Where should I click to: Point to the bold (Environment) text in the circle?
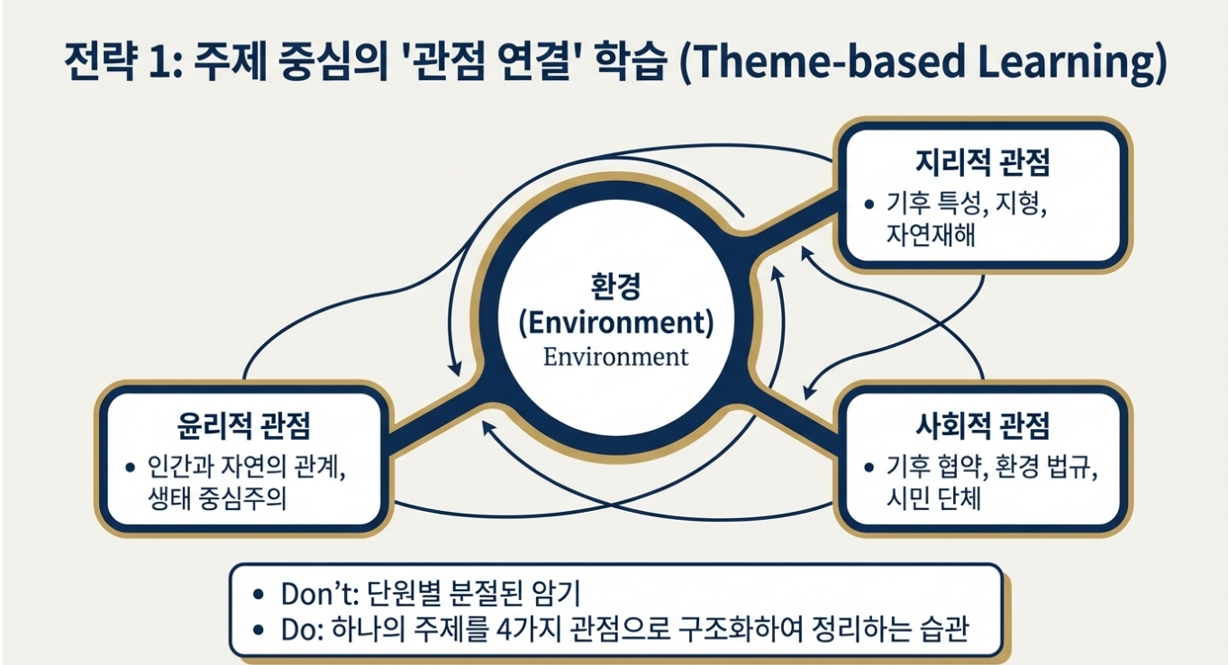[x=615, y=323]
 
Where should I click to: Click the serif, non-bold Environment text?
[x=615, y=356]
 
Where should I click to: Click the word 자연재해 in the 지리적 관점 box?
[x=931, y=237]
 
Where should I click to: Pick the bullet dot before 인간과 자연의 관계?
[x=129, y=468]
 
